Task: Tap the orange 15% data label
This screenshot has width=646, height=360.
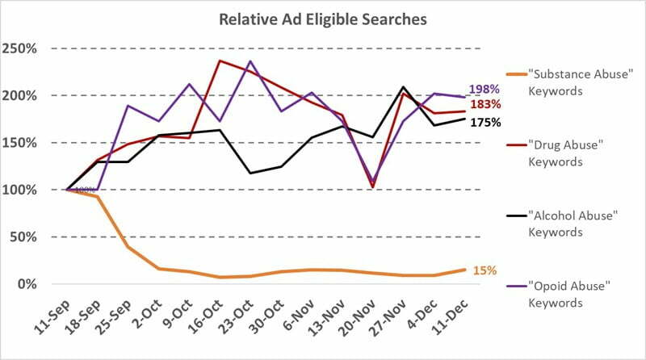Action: [484, 270]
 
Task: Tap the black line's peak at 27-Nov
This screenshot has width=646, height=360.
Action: [403, 87]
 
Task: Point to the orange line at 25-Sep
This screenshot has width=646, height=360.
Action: [128, 247]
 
